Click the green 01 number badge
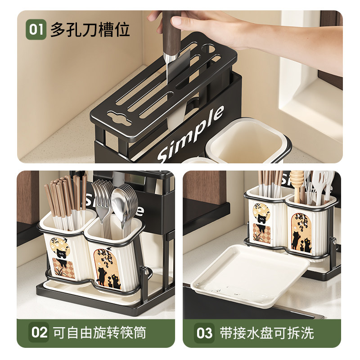pos(36,30)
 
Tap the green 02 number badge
pos(39,333)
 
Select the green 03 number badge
pos(204,333)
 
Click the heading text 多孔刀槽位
pos(90,30)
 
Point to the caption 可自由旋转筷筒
pos(99,333)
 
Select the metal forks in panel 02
pos(102,198)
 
